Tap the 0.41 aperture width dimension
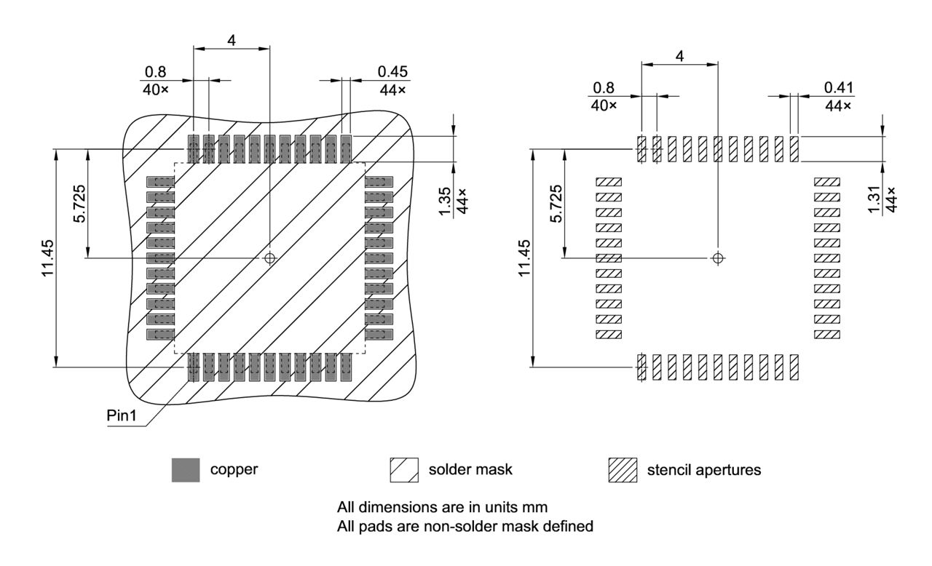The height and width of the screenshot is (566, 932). [x=840, y=87]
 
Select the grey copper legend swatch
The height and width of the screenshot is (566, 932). [x=185, y=471]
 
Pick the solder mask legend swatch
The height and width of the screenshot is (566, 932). [x=404, y=471]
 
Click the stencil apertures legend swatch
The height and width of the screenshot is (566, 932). [x=623, y=471]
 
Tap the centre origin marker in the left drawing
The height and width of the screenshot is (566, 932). [x=270, y=258]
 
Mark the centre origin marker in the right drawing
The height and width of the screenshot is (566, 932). [x=718, y=258]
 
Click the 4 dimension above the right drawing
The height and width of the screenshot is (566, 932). [x=679, y=55]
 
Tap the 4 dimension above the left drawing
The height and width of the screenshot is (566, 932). [x=232, y=41]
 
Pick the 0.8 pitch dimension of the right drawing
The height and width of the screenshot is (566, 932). [x=604, y=87]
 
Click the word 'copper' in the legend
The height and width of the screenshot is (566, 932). [x=234, y=470]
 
